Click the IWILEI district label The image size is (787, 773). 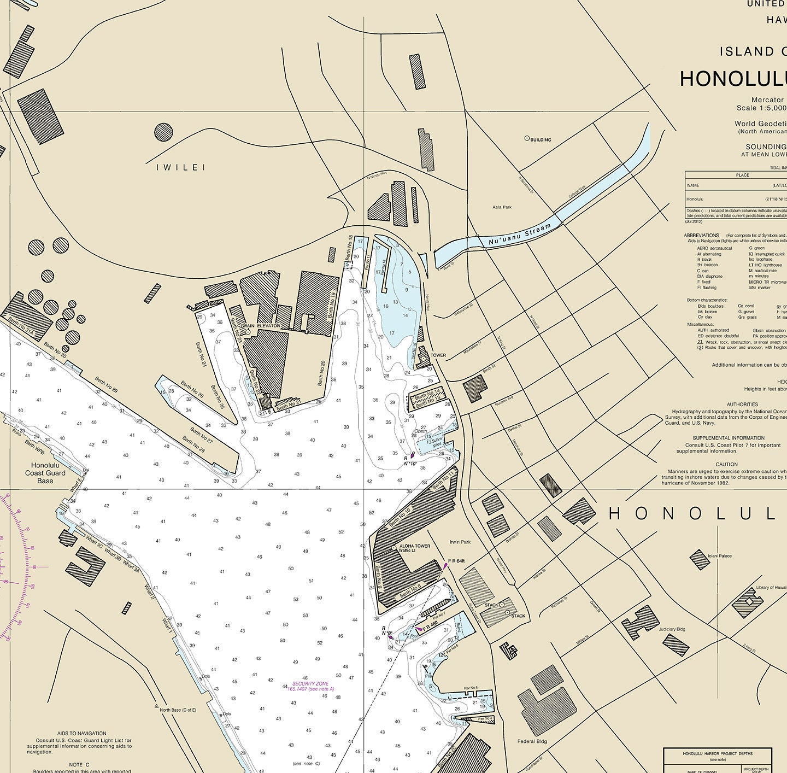coord(180,167)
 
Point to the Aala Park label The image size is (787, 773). coord(502,207)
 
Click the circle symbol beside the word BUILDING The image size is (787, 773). coord(527,139)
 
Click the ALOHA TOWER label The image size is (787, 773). coord(415,546)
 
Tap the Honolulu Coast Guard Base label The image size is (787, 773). coord(45,473)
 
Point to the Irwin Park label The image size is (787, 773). coord(460,542)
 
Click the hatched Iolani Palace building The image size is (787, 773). coord(700,559)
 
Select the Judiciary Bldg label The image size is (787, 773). coord(672,629)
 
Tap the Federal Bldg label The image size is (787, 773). coord(532,742)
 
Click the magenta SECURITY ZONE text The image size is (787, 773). coord(310,684)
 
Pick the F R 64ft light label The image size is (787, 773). coord(456,561)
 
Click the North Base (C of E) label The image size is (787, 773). coord(178,710)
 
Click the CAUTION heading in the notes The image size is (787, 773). coord(726,464)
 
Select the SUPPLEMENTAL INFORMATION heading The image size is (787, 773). coord(729,438)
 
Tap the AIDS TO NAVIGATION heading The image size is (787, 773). coord(81,733)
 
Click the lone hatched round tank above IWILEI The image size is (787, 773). coord(163,132)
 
